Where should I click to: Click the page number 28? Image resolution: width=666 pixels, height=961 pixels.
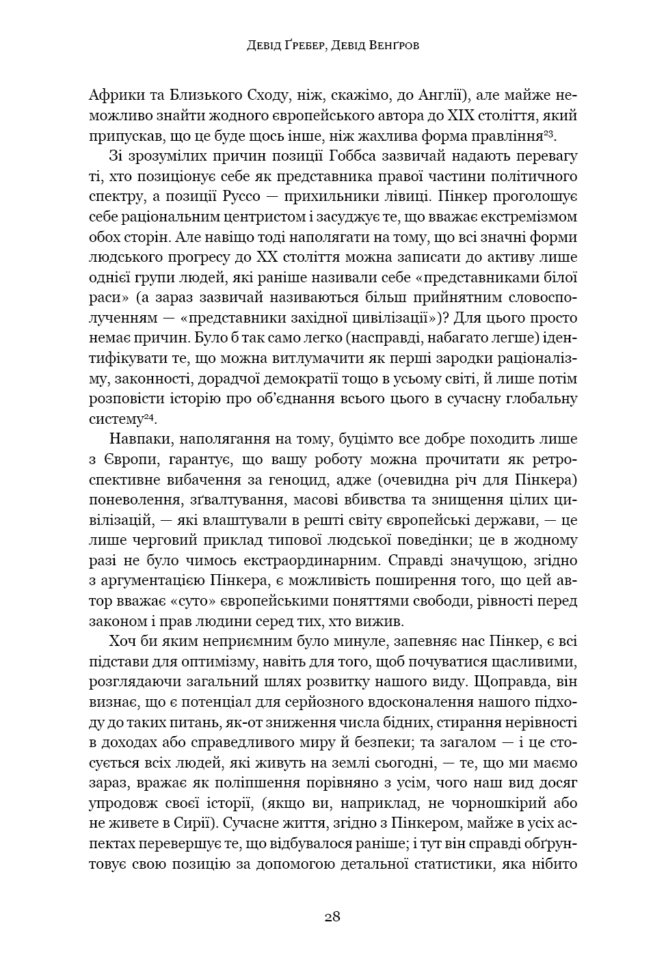332,917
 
